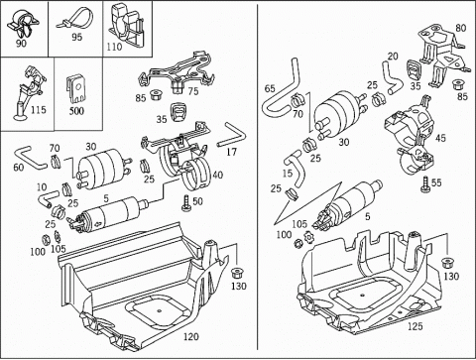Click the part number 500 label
coord(76,110)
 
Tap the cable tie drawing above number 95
coord(74,20)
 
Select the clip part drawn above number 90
coord(23,23)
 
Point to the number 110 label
coord(114,47)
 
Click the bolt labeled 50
coord(186,202)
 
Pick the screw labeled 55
coord(425,184)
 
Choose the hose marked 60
coord(30,157)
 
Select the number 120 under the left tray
coord(191,336)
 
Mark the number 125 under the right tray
coord(416,326)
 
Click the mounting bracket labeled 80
coord(441,57)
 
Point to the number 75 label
coord(193,91)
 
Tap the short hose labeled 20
coord(391,78)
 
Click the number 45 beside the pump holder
coord(440,138)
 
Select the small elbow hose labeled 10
coord(46,199)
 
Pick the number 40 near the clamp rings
coord(217,175)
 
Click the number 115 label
coord(39,110)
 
